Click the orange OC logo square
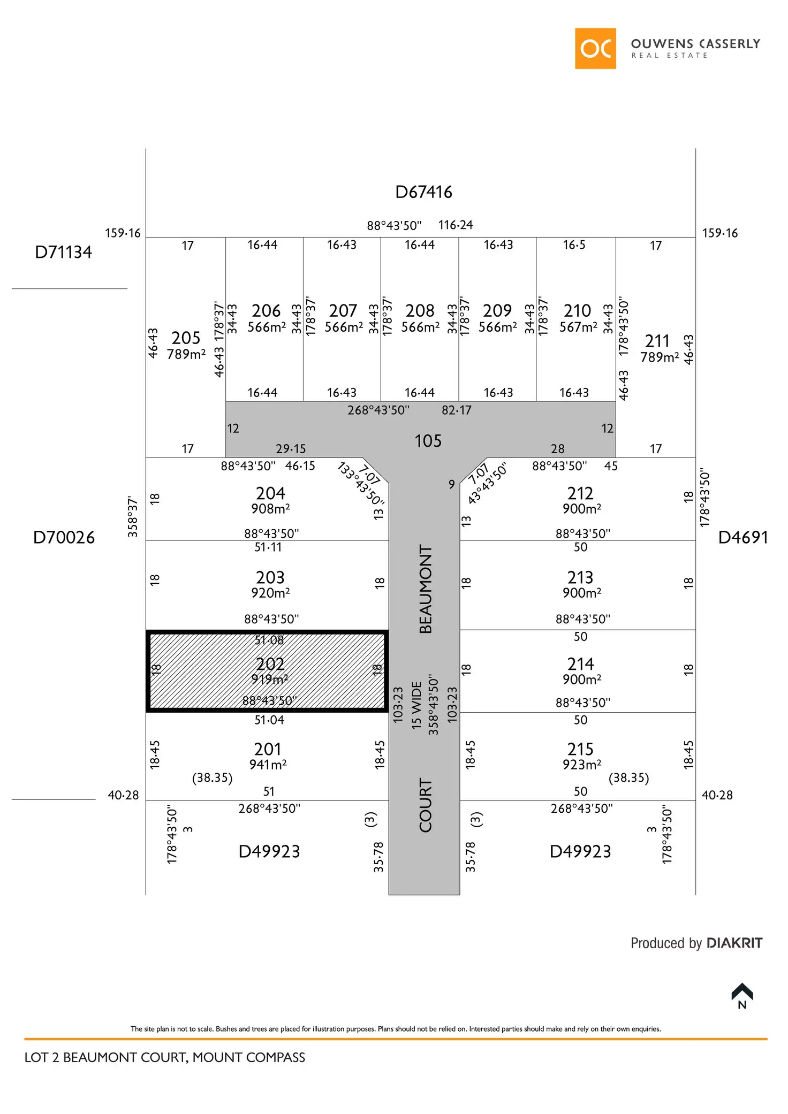[595, 49]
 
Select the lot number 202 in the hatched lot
[270, 664]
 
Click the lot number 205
[186, 338]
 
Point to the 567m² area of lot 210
[578, 327]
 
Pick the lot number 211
[657, 341]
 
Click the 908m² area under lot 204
[270, 509]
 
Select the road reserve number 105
[428, 441]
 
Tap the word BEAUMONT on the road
[426, 589]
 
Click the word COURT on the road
[426, 805]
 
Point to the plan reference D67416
[423, 192]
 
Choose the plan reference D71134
[63, 253]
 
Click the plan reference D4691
[742, 537]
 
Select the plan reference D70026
[64, 537]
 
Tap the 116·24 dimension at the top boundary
[456, 225]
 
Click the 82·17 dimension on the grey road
[457, 410]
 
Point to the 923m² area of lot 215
[581, 765]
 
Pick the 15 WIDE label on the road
[416, 705]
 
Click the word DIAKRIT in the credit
[734, 943]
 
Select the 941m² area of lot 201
[268, 765]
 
